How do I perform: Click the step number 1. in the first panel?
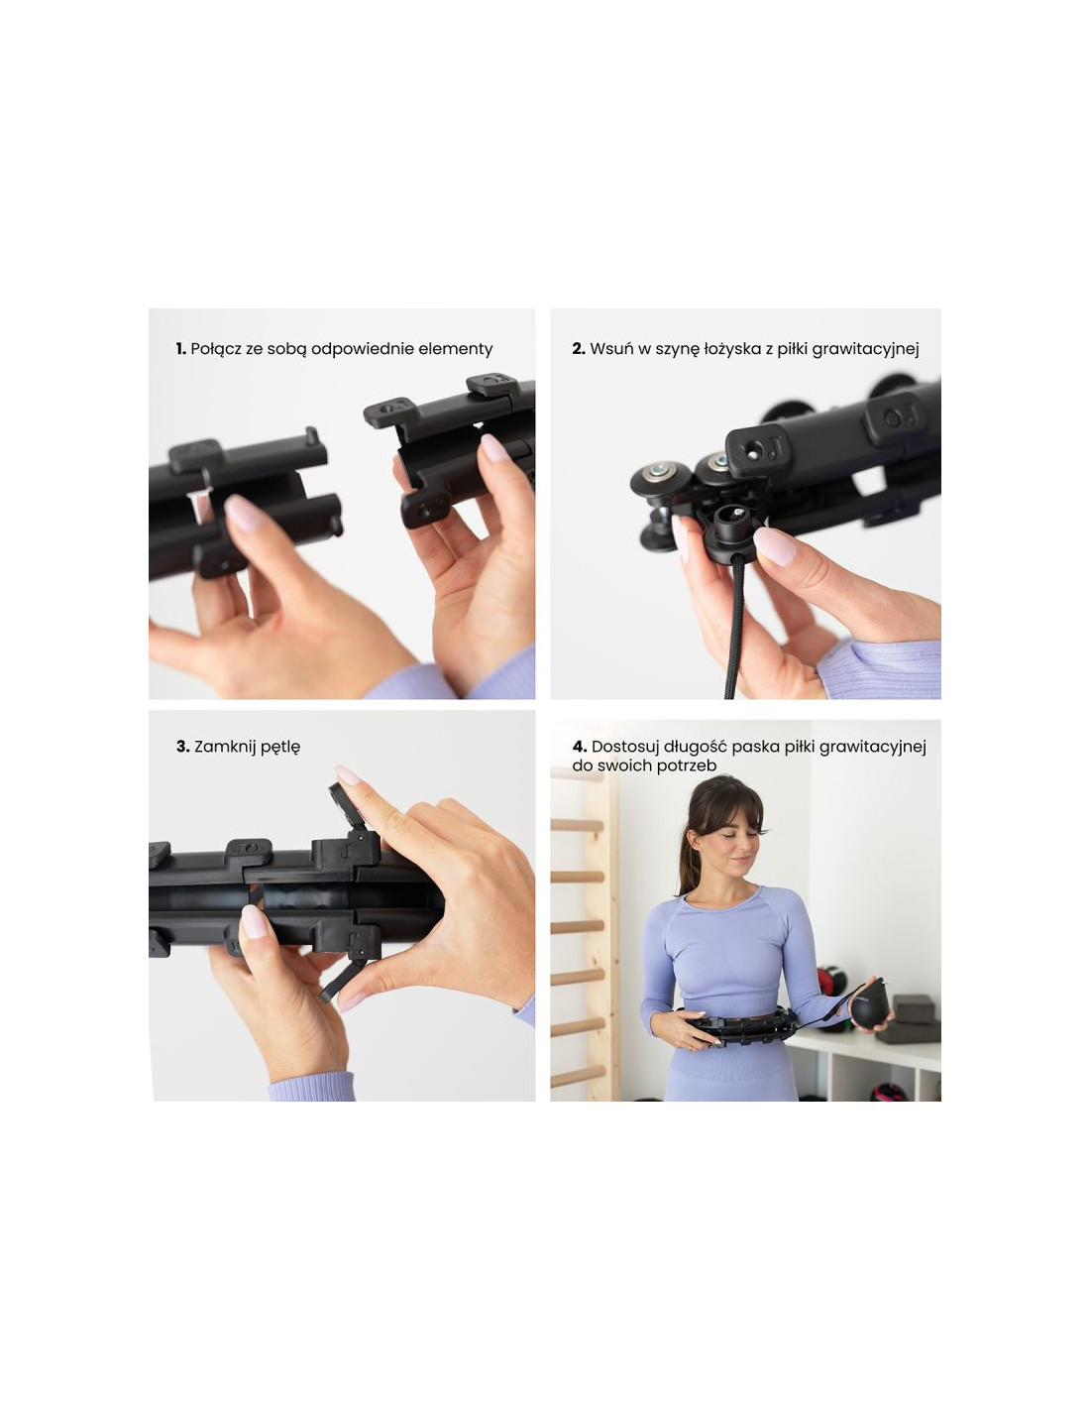pyautogui.click(x=181, y=348)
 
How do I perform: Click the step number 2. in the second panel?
pyautogui.click(x=579, y=348)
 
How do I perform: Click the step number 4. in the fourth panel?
pyautogui.click(x=579, y=747)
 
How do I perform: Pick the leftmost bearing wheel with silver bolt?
pyautogui.click(x=659, y=479)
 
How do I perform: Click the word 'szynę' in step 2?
pyautogui.click(x=677, y=350)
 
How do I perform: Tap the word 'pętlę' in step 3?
pyautogui.click(x=279, y=747)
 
